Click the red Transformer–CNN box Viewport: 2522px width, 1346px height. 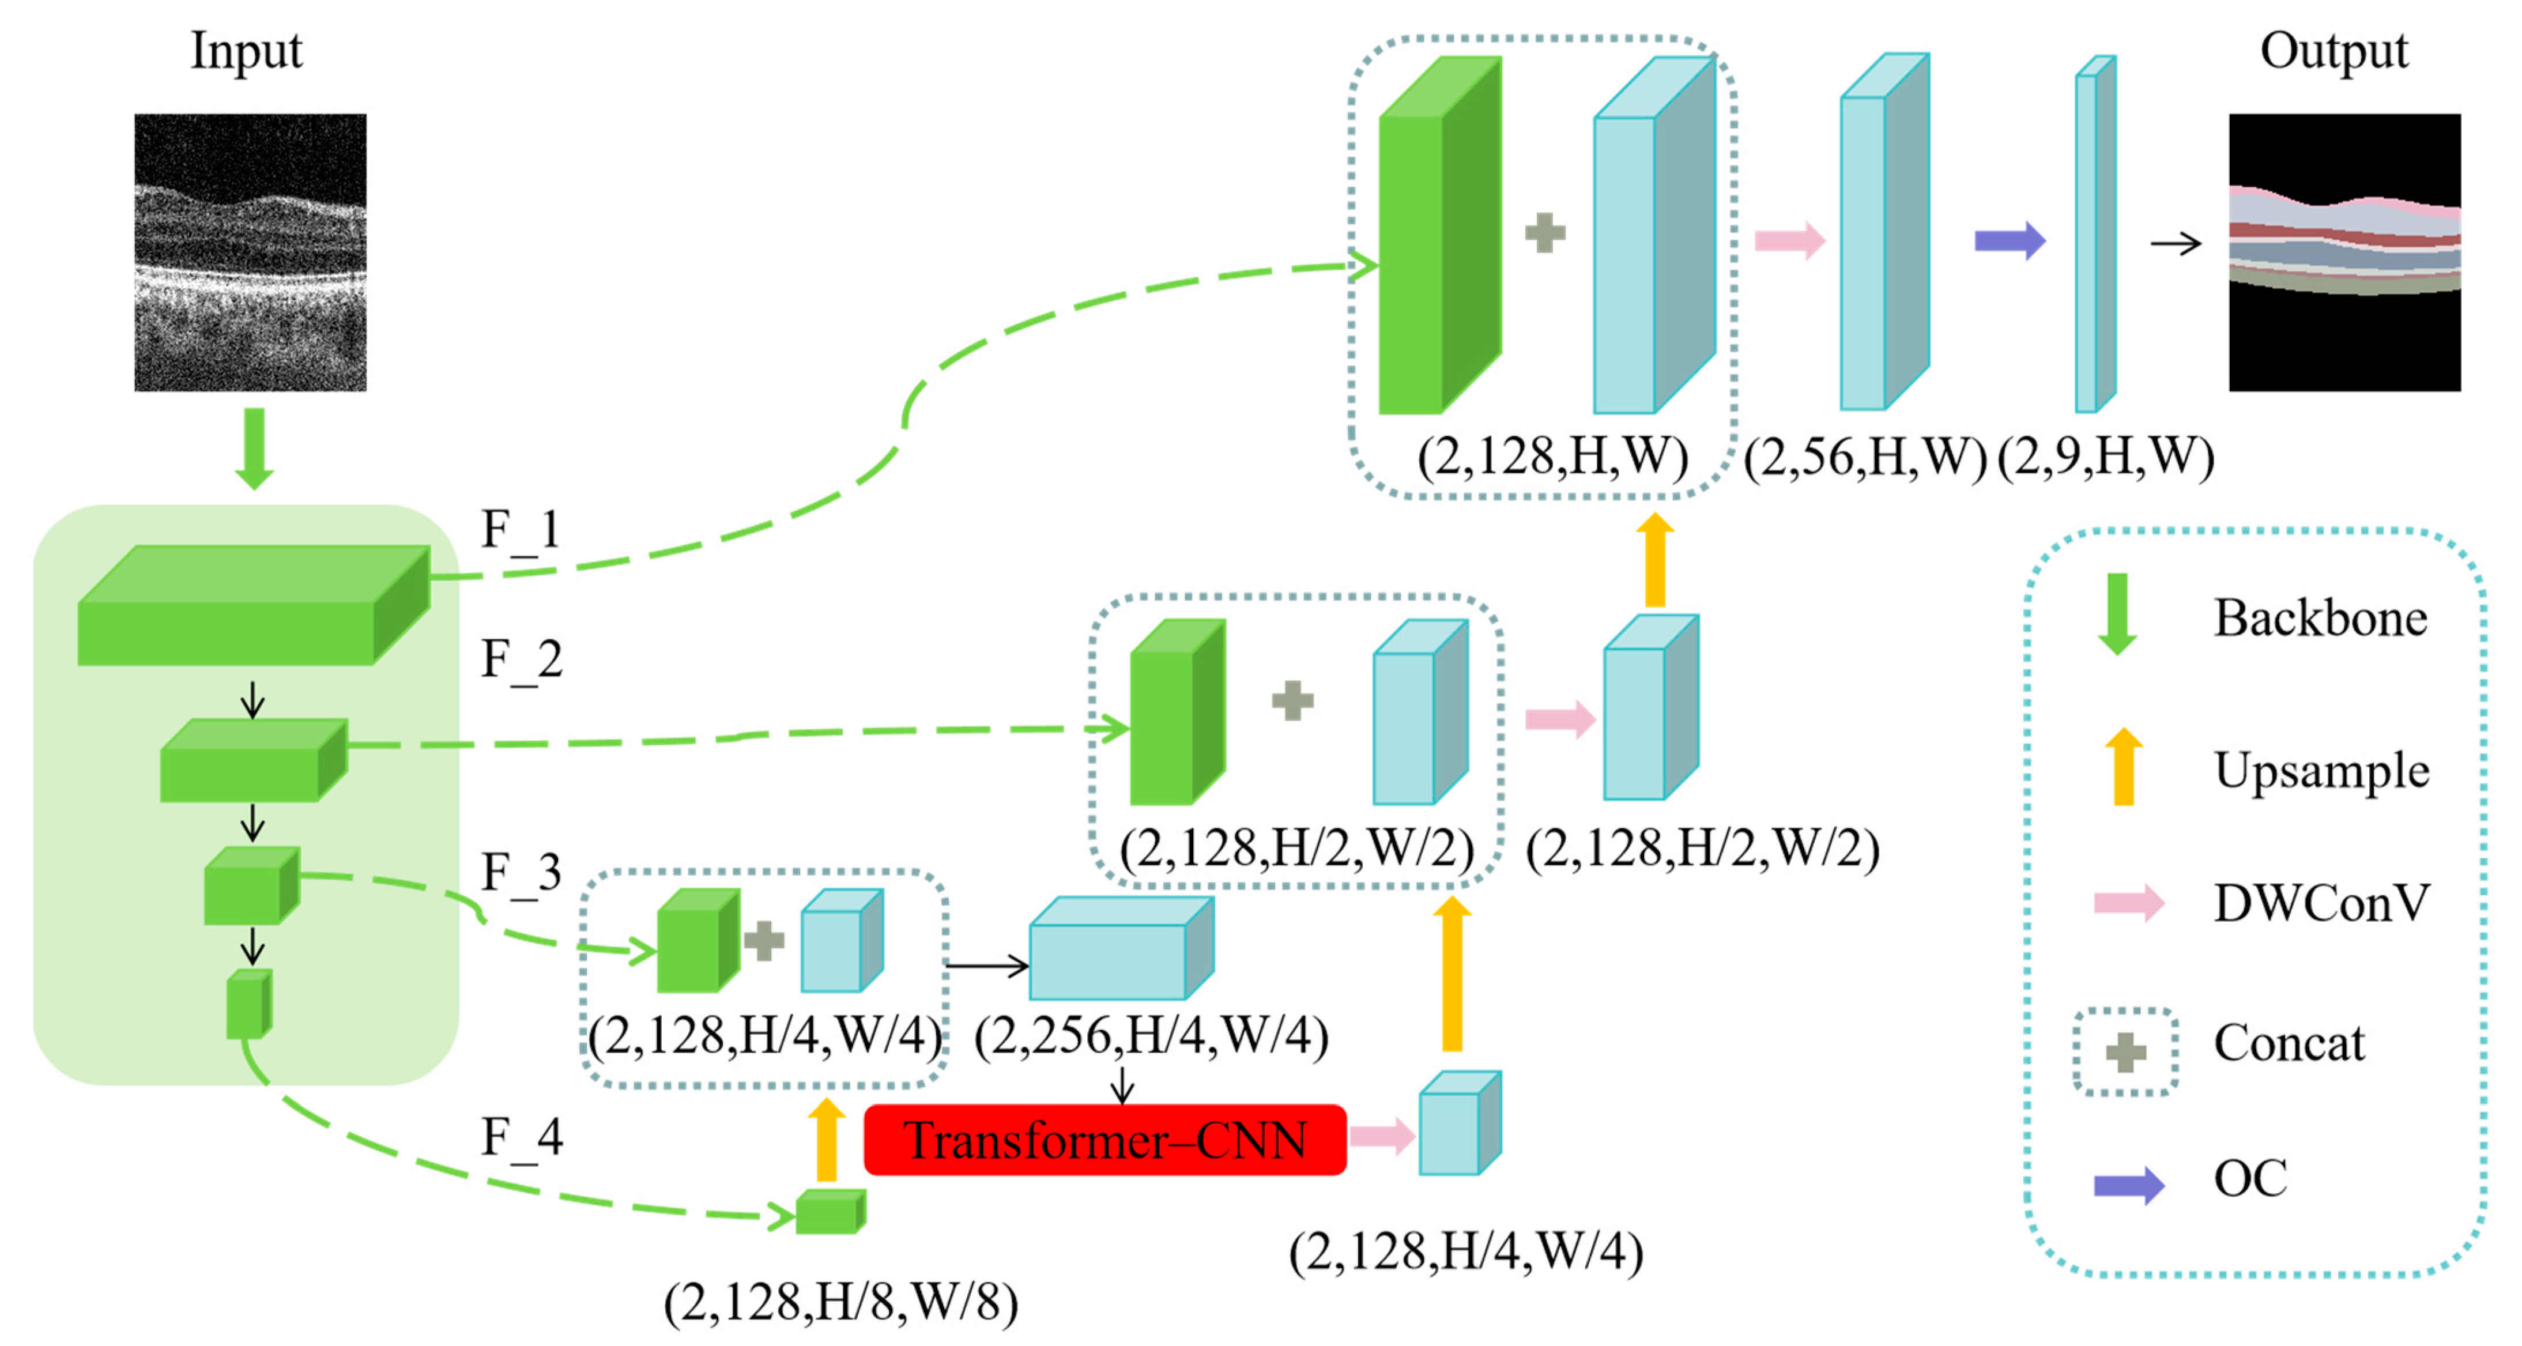click(1104, 1140)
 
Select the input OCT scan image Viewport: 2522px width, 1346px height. click(251, 252)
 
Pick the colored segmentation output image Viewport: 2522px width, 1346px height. click(2344, 252)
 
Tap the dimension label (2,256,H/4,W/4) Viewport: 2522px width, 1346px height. click(1151, 1036)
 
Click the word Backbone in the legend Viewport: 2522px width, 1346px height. click(2320, 619)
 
